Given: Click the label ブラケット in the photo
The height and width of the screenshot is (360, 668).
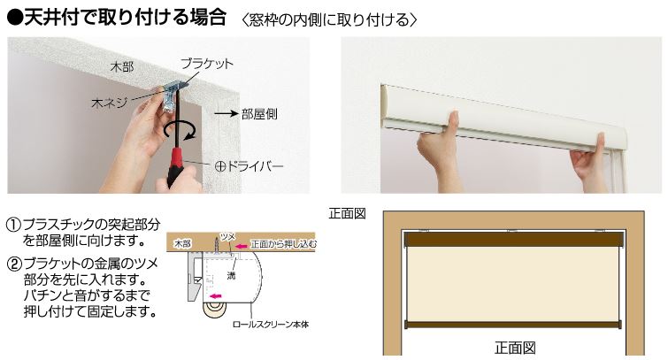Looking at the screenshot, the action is coord(207,64).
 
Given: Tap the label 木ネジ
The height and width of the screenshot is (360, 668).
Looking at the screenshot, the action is coord(109,103).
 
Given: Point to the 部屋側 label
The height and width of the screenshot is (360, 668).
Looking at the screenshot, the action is coord(259,114).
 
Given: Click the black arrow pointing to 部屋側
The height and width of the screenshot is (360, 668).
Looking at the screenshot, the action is coord(226,114).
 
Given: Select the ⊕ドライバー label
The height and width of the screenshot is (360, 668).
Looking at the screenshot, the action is coord(250,166).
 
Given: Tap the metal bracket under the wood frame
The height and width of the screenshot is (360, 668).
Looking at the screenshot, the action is coord(172,96).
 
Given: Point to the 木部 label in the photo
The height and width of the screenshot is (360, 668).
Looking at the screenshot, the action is coord(122,67).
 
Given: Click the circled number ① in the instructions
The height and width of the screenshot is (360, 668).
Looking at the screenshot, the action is coord(14,225).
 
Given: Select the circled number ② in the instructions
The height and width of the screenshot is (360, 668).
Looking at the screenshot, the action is coord(14,264).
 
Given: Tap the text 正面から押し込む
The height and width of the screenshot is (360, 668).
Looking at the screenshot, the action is coord(283,244).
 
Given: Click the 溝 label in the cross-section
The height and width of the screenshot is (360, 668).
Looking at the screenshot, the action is coord(231,276).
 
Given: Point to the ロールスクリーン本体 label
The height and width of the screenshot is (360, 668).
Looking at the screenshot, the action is coord(271,325).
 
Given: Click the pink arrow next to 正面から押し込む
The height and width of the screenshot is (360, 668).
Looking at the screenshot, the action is coord(242,245).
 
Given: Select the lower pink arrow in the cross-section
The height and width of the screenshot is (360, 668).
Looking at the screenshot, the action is coord(215,296).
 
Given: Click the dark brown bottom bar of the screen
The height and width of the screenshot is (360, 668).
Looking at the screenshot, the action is coord(512,326).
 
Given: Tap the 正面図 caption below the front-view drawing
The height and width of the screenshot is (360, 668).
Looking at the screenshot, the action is coord(515,349).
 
